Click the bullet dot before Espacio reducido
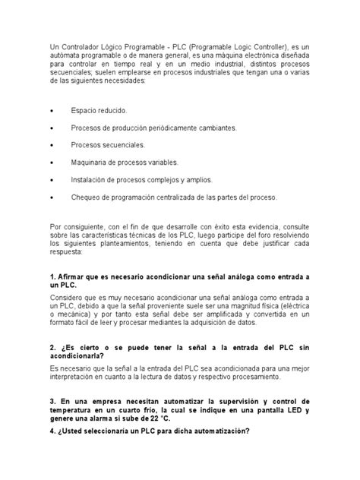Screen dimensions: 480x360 [51, 110]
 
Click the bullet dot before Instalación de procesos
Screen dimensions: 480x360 [51, 180]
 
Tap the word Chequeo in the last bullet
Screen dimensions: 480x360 [86, 197]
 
